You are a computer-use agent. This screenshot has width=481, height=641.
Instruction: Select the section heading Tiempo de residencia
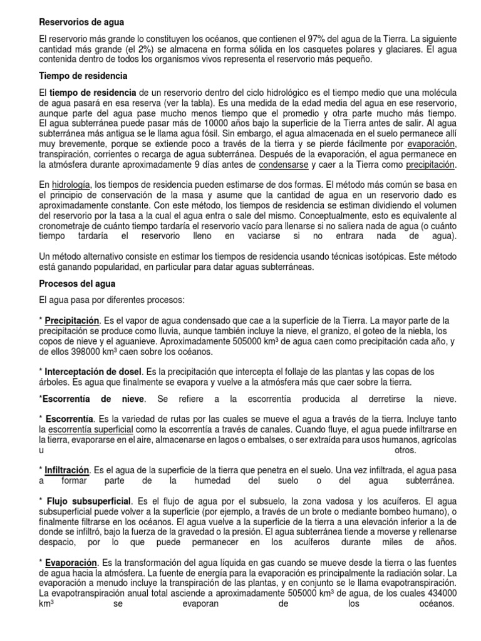83,76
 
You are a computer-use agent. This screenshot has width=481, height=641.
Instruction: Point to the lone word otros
406,449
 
